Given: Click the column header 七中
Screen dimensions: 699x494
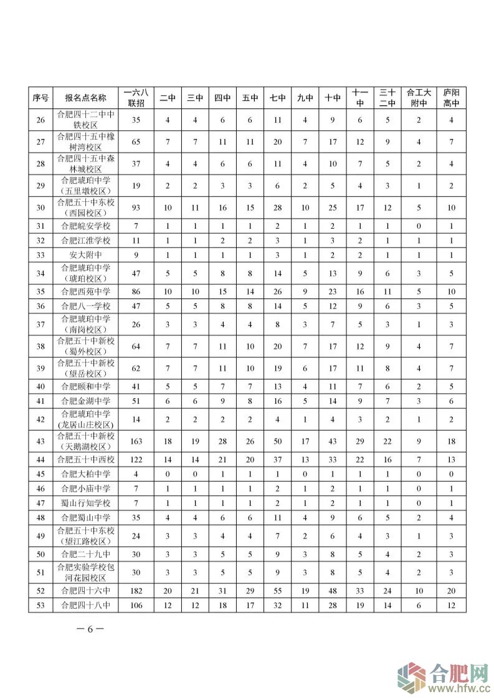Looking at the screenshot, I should point(278,98).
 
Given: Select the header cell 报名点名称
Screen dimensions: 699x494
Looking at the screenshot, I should point(85,98).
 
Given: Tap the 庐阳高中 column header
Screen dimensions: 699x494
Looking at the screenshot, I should point(451,98).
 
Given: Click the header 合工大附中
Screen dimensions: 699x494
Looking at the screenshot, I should point(418,98).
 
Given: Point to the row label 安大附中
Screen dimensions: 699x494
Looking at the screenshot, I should point(85,254).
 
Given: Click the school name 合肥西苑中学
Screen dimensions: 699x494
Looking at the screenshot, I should point(85,291).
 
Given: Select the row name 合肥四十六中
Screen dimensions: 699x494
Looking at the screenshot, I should point(85,589).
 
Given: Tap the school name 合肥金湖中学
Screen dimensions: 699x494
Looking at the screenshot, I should point(85,401).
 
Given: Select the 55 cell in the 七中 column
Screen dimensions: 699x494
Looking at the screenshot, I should point(278,589).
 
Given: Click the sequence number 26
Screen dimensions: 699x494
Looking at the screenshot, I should point(40,119).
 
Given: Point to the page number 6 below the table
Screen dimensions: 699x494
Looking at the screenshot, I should point(90,629).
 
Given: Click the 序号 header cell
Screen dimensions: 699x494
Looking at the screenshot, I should point(40,98).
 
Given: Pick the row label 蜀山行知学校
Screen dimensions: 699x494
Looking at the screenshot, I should point(85,503).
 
